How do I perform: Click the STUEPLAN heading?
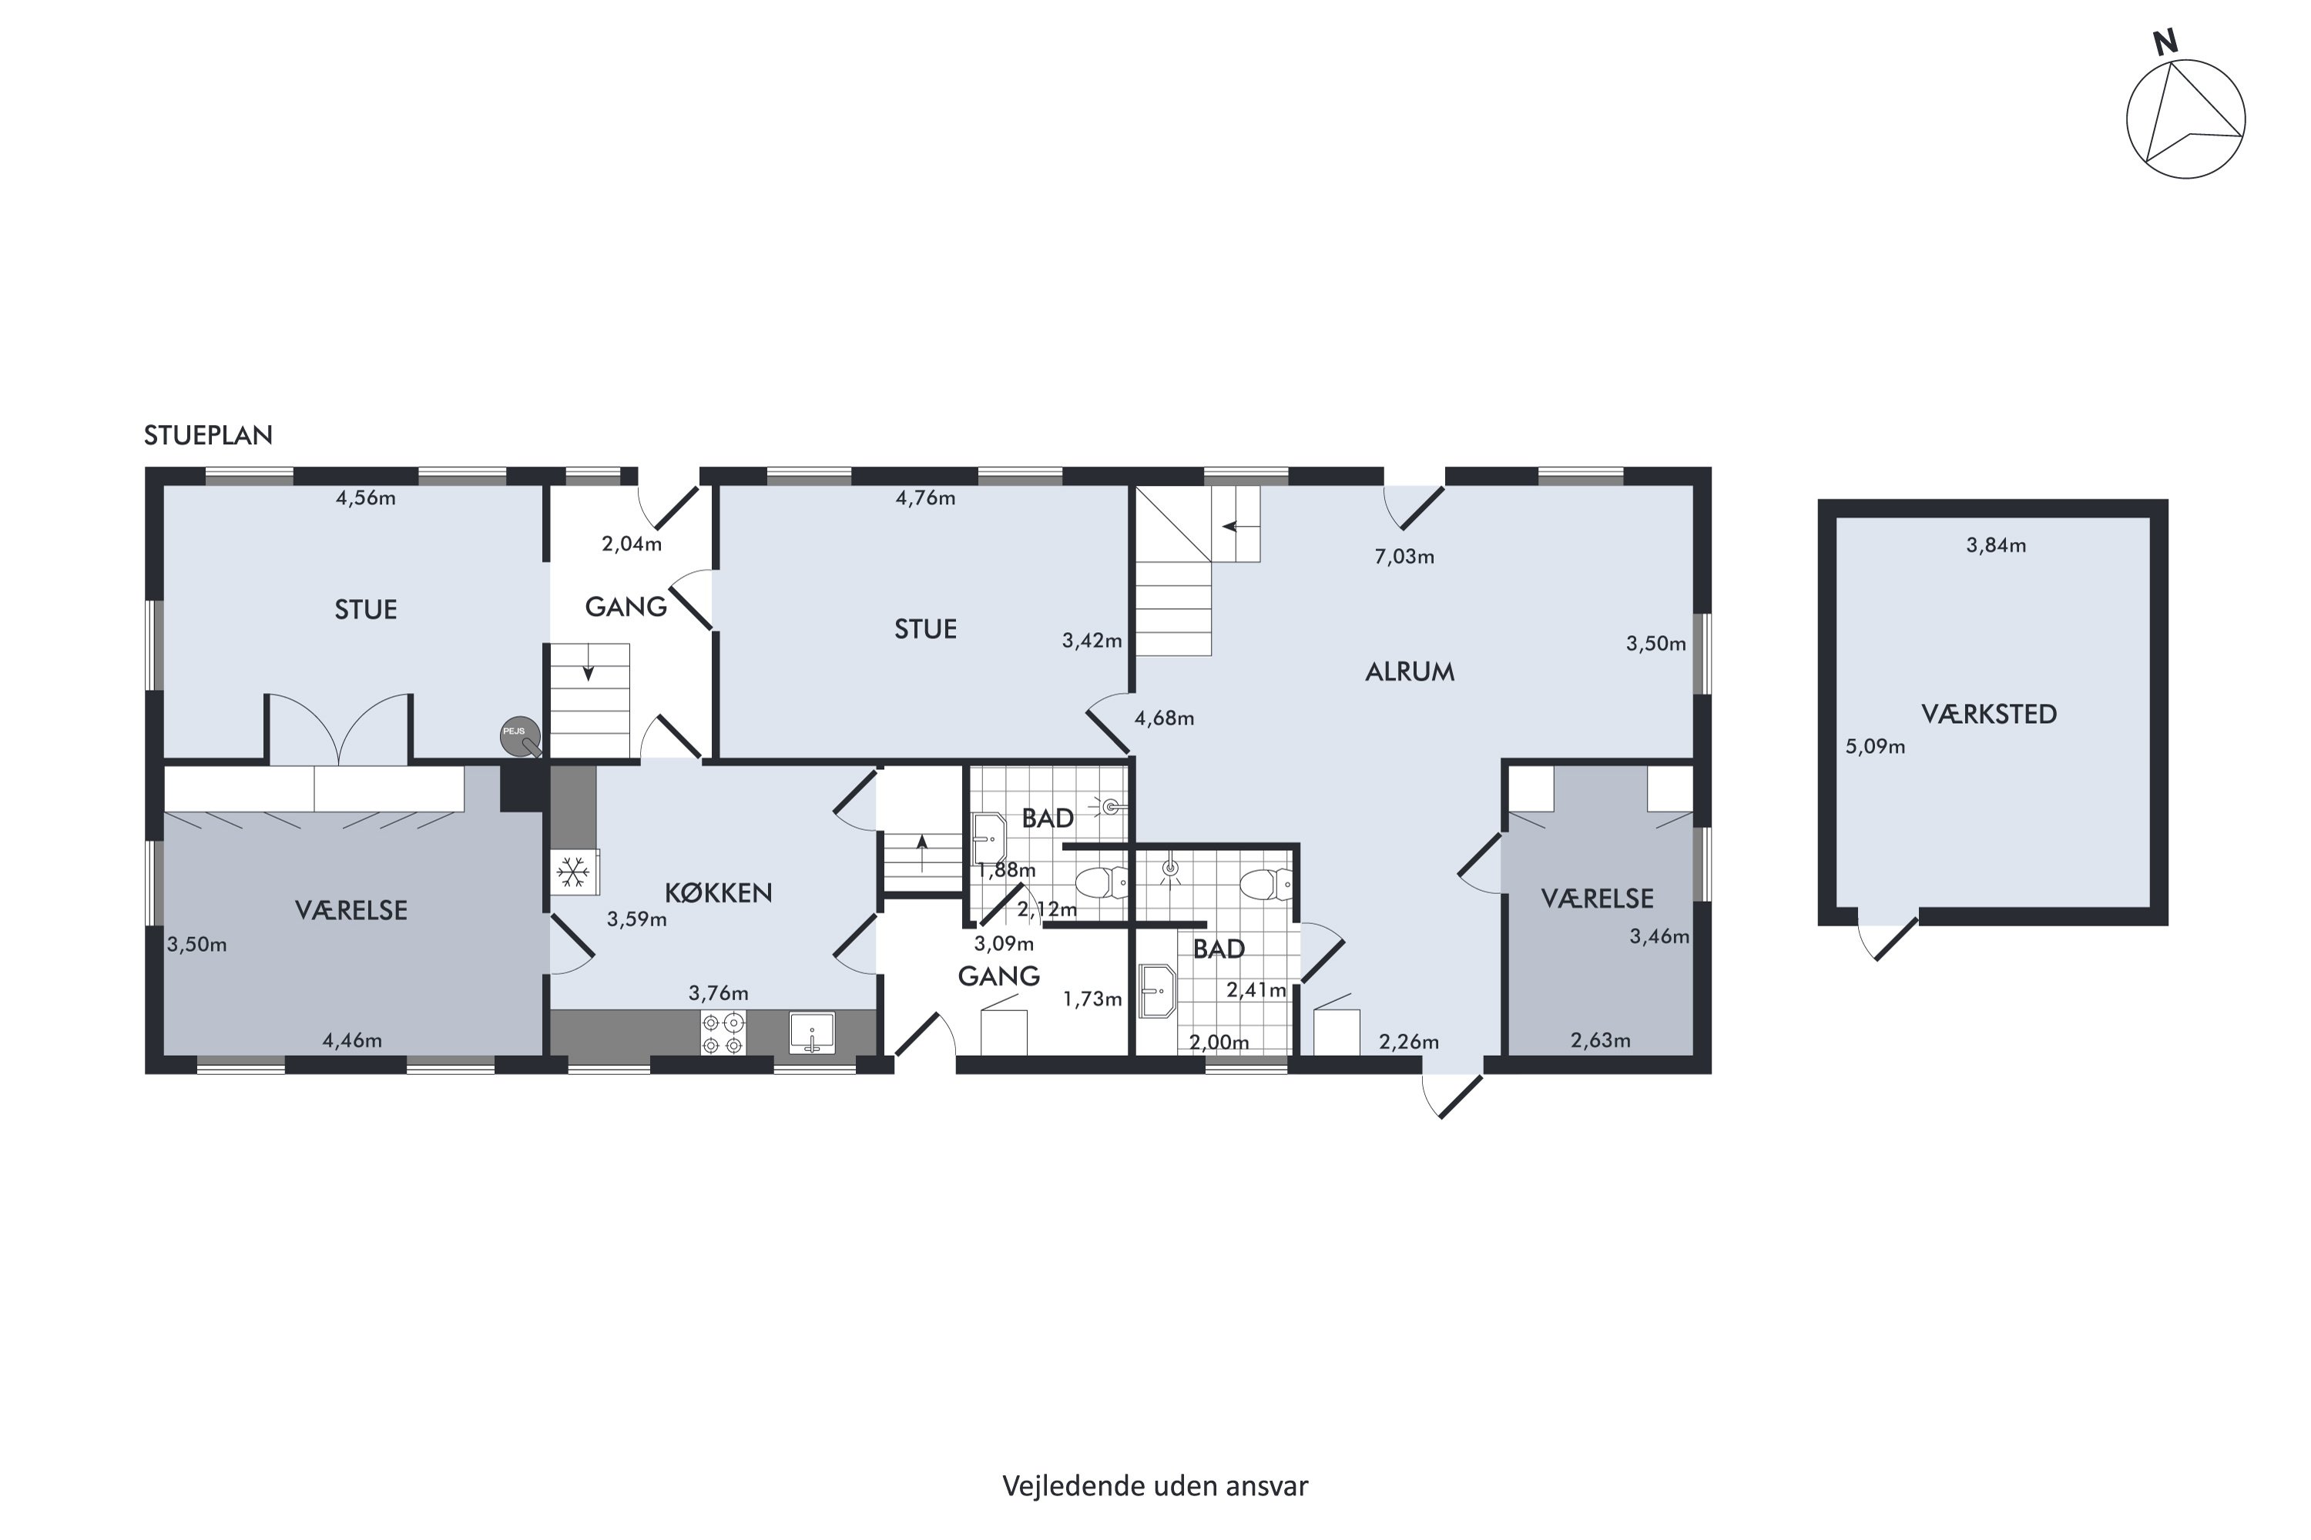[x=208, y=435]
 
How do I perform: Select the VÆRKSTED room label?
[x=1989, y=714]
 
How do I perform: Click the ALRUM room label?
[x=1410, y=671]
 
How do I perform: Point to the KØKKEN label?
[x=718, y=892]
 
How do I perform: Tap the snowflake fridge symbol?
[x=573, y=871]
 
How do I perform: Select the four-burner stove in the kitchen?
[x=723, y=1033]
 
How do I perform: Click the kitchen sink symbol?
[x=812, y=1033]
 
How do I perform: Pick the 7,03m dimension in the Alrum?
[x=1404, y=557]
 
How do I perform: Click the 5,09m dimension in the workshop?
[x=1875, y=746]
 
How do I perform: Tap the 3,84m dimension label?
[x=1996, y=545]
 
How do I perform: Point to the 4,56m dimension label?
[x=365, y=498]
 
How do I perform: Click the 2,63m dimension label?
[x=1601, y=1040]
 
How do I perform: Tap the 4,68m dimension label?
[x=1164, y=718]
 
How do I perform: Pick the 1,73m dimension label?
[x=1092, y=999]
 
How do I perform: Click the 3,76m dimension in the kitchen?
[x=718, y=993]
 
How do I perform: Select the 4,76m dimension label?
[x=926, y=498]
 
